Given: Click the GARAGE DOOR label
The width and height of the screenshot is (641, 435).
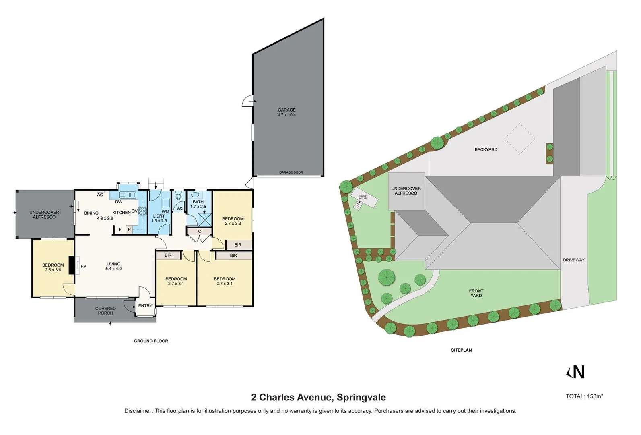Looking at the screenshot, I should pos(291,172).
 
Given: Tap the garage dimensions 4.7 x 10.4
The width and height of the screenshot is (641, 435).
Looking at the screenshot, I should pos(286,115).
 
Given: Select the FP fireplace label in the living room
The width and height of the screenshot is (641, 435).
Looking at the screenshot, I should pos(83,266).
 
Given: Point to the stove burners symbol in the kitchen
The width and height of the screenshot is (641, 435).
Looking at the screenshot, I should pos(142,211).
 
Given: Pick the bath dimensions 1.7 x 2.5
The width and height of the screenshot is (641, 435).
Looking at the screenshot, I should pos(198,207).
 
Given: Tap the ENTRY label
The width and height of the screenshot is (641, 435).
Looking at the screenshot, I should pos(145,306).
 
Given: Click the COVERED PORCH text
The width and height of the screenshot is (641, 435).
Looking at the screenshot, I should pos(105,311).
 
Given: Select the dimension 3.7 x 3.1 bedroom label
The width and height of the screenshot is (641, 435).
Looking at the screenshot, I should pos(225,284).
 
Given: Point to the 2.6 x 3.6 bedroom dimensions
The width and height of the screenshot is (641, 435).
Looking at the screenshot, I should pos(53,270).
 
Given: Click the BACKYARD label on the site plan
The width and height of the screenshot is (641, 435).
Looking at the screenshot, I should pos(486,149).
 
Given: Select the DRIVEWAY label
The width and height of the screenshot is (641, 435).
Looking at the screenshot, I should pos(573,260).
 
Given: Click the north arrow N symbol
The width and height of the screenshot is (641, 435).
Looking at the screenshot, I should pos(576,372).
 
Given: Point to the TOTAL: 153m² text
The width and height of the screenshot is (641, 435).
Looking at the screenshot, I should pos(584,396).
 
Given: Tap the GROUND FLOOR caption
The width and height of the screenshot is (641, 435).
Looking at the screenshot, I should pos(151,341).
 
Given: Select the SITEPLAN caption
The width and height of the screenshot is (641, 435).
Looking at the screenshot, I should pos(461,350).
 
